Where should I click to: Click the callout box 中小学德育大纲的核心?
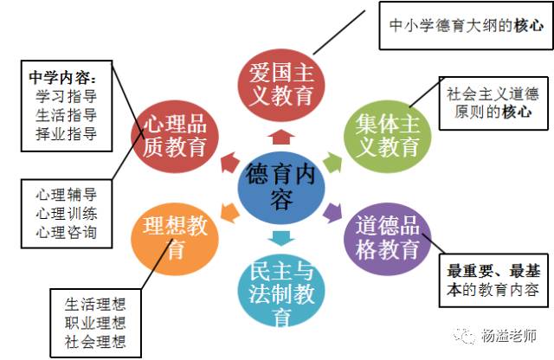click(x=462, y=26)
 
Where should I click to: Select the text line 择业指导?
click(x=68, y=134)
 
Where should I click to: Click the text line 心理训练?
click(x=67, y=213)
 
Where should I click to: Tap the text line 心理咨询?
click(x=67, y=233)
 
